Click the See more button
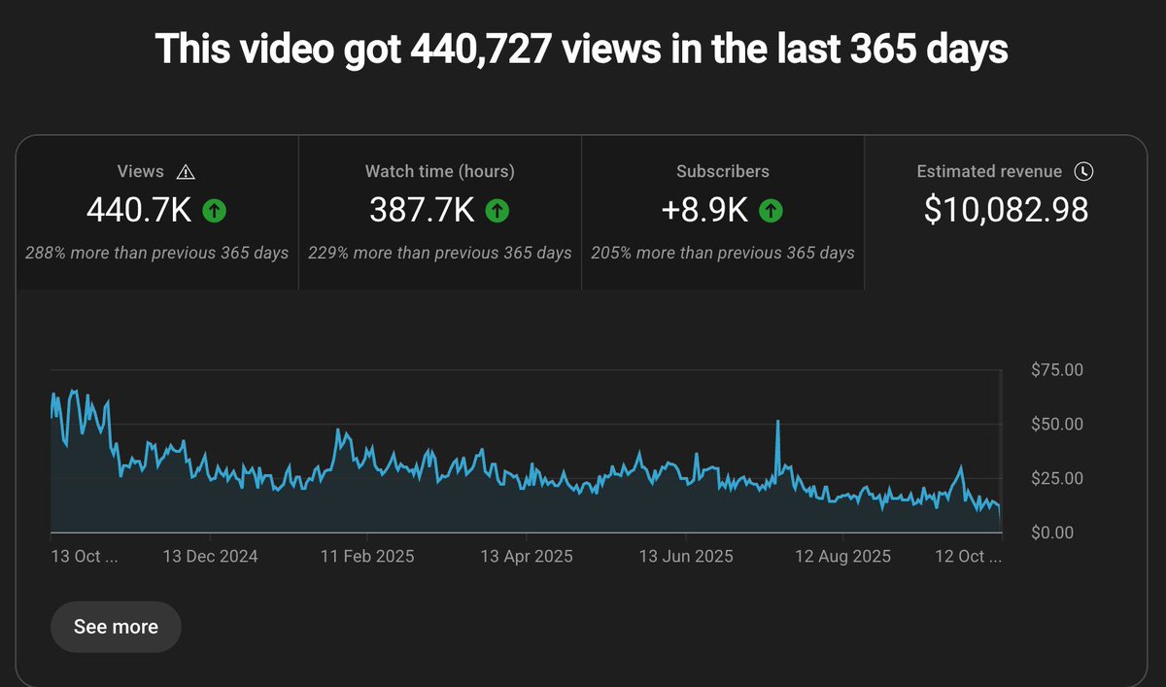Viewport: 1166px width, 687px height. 116,627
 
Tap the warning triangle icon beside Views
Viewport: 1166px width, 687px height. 187,172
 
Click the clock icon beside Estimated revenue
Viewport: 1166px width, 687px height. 1083,172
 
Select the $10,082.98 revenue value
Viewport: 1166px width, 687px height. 1006,210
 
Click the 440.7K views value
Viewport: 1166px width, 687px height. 139,210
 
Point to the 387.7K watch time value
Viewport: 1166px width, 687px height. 423,210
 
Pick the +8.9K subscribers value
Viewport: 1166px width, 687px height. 705,210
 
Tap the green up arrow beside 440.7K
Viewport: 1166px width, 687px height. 215,210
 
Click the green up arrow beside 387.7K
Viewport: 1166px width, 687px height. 497,210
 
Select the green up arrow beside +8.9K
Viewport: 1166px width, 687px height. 771,210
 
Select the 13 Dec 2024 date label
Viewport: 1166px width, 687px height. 210,557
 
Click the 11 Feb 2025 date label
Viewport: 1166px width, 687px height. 367,557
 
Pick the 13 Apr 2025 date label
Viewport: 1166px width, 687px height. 526,557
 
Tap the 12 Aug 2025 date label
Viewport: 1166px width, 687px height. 842,557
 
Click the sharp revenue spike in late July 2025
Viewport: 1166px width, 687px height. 778,423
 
